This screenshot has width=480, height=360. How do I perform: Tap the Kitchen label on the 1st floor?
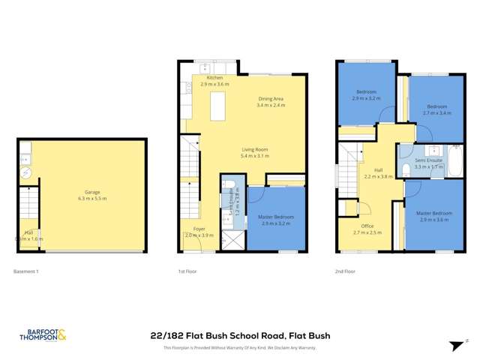[x=215, y=78]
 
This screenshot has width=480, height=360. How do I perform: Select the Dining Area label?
[x=271, y=99]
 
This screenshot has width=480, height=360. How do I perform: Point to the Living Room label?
[x=254, y=149]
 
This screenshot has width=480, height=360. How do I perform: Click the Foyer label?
[x=199, y=229]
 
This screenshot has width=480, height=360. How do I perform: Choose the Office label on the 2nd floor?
[x=367, y=226]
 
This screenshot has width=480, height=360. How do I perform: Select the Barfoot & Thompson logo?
[x=42, y=336]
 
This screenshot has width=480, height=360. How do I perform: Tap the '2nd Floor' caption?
[x=346, y=271]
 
